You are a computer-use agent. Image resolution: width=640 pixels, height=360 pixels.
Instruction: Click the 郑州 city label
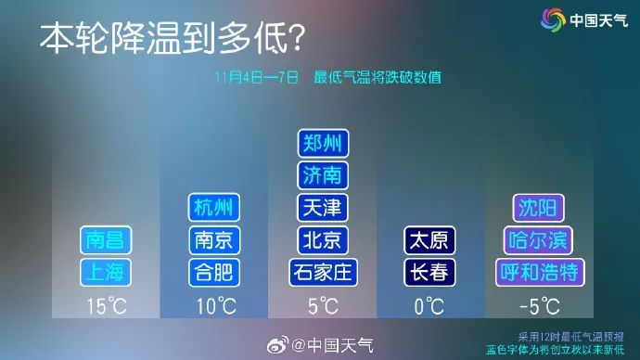[323, 144]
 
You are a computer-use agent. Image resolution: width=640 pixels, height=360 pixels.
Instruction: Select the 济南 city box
[323, 175]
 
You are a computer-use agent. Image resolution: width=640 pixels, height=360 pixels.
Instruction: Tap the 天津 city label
[323, 207]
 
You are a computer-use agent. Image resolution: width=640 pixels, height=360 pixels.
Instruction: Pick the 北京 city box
[323, 239]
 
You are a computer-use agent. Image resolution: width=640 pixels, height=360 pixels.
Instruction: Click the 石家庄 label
[323, 272]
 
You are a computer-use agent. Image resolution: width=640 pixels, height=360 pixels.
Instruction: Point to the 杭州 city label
[214, 207]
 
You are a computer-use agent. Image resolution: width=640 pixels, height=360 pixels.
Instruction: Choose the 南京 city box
[214, 239]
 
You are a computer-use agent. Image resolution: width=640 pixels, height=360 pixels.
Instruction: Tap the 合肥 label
[214, 272]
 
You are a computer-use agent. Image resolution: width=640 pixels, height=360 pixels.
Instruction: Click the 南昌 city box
[106, 239]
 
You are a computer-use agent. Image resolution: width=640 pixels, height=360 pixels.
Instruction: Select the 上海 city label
[106, 272]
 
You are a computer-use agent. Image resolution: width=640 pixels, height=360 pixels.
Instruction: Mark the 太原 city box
[430, 239]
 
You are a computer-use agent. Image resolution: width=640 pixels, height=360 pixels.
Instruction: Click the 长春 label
[430, 272]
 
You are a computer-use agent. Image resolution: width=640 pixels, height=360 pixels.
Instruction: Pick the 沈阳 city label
[539, 207]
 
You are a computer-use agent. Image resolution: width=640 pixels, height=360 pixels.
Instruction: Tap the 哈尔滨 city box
[539, 239]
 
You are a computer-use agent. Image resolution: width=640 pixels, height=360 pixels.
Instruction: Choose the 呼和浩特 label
[539, 272]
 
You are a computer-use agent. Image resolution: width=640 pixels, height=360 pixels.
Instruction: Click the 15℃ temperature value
[106, 305]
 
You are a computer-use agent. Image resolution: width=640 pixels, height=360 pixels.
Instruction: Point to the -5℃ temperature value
[539, 305]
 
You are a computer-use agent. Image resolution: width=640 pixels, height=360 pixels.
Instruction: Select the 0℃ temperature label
[430, 305]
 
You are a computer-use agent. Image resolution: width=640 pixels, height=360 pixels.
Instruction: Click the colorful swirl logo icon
[554, 19]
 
